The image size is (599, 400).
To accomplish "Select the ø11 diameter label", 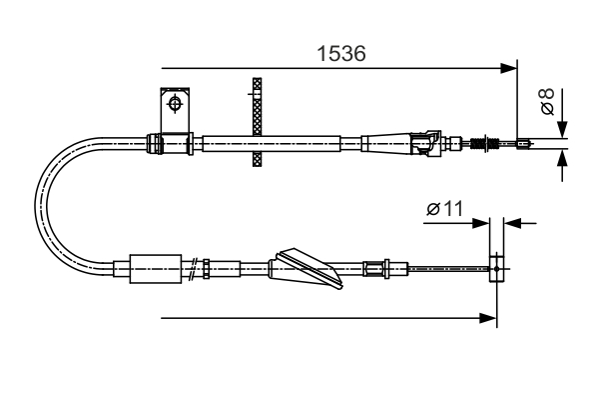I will (445, 209).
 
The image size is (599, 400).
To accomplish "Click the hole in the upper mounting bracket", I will (176, 103).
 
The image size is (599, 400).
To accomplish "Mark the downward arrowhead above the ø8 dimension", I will (562, 129).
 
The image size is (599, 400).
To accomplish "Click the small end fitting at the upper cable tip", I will (522, 144).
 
